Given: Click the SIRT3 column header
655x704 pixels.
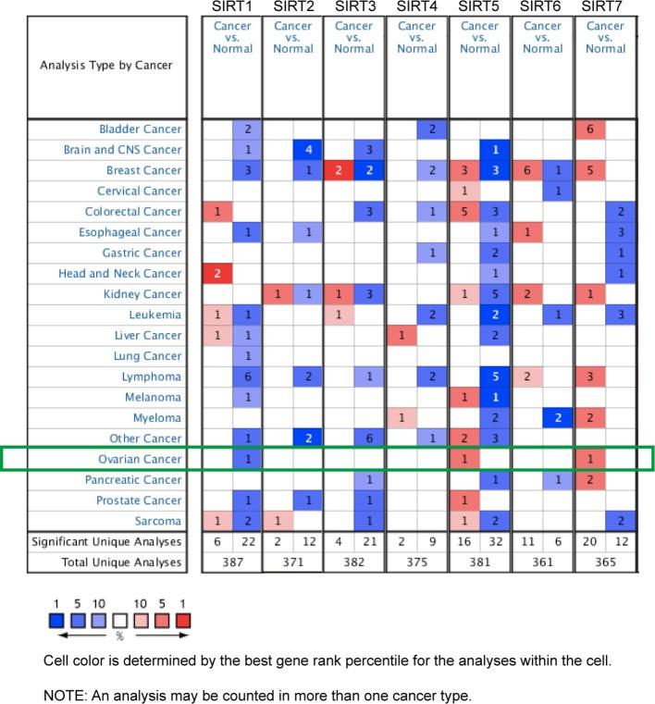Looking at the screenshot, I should [354, 7].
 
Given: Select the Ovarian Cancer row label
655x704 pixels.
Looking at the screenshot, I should [141, 459].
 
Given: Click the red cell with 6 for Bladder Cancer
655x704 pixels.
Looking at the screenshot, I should [589, 129].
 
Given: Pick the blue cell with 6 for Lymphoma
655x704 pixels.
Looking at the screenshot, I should [248, 377].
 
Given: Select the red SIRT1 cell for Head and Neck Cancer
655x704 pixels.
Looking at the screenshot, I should [217, 274].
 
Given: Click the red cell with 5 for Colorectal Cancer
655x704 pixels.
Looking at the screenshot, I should [464, 212].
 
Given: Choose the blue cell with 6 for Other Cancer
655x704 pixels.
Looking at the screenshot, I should [369, 438].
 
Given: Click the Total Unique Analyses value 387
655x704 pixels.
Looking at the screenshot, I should [232, 562].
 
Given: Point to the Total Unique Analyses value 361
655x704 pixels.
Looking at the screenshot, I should [542, 562].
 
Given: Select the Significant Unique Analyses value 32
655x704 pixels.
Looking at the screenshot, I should [495, 541].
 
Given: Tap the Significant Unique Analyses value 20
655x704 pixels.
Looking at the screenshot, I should [589, 541].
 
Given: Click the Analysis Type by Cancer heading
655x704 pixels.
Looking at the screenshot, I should [105, 65].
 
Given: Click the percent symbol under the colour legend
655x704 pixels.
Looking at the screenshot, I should [119, 636].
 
